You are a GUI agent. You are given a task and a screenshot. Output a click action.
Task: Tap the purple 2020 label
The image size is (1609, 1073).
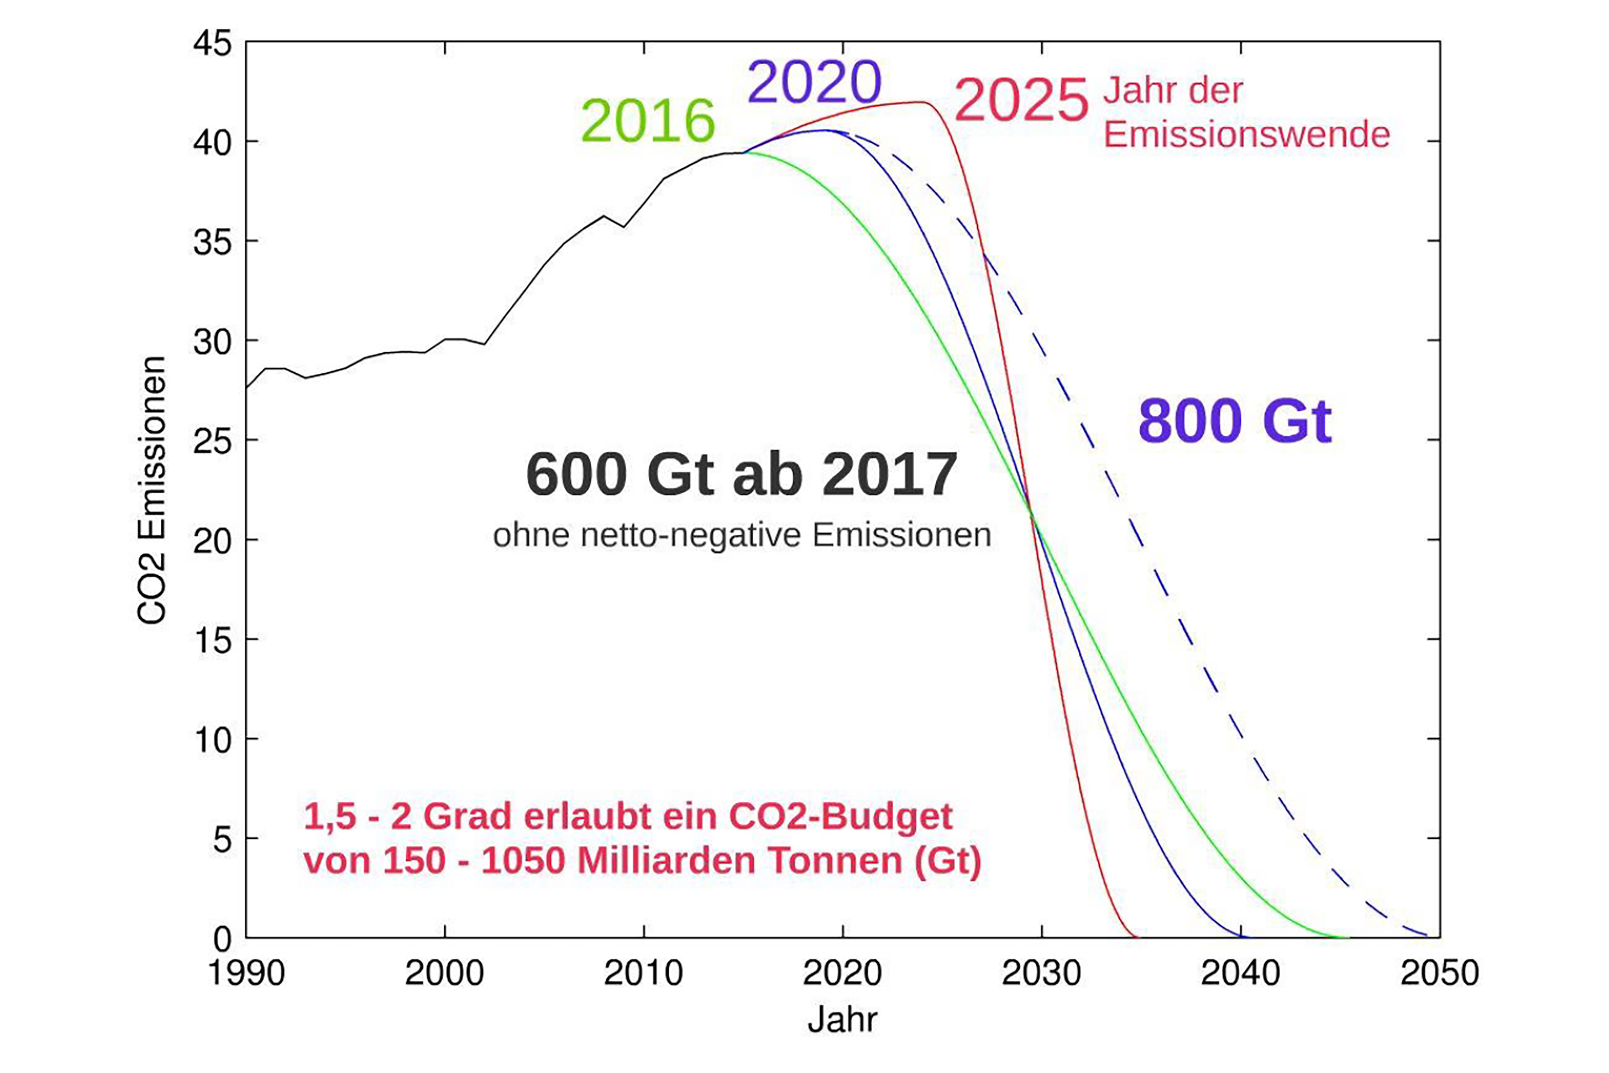pyautogui.click(x=814, y=83)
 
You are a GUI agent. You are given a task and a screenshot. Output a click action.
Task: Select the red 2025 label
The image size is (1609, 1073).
pyautogui.click(x=1021, y=101)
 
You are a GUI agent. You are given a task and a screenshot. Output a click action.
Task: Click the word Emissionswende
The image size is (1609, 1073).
pyautogui.click(x=1246, y=134)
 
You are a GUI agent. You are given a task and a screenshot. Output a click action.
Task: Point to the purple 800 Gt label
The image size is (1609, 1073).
pyautogui.click(x=1235, y=421)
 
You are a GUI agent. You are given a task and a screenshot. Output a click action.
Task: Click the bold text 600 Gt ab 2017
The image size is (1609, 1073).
pyautogui.click(x=741, y=474)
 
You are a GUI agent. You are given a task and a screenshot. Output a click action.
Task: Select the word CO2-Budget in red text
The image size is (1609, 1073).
pyautogui.click(x=840, y=816)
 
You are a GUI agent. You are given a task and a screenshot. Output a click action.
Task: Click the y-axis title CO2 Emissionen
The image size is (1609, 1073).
pyautogui.click(x=152, y=490)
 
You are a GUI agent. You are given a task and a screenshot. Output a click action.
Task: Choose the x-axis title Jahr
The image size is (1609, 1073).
pyautogui.click(x=842, y=1019)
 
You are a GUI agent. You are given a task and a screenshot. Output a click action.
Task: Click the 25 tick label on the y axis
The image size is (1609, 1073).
pyautogui.click(x=213, y=441)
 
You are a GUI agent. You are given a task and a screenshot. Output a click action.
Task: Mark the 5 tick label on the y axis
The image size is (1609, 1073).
pyautogui.click(x=222, y=839)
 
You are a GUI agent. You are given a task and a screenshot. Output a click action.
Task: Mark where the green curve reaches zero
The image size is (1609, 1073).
pyautogui.click(x=1345, y=937)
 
